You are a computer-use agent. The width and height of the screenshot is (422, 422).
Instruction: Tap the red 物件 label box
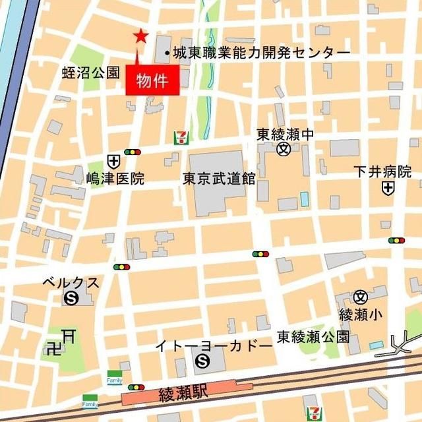(x=152, y=82)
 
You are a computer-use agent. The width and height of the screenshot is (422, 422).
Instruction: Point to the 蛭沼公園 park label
(x=90, y=73)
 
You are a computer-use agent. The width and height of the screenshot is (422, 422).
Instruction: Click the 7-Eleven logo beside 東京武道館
(x=179, y=138)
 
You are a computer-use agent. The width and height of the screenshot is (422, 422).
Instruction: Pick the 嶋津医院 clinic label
(x=115, y=178)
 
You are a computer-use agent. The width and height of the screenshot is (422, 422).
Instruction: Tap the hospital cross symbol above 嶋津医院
(x=113, y=160)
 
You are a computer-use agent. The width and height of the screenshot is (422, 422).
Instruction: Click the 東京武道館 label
(x=220, y=178)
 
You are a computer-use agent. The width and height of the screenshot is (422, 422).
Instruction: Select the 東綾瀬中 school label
(x=285, y=135)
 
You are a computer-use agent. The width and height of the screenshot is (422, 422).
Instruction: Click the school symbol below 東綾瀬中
(x=284, y=149)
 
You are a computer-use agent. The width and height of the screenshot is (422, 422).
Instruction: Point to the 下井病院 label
(x=382, y=172)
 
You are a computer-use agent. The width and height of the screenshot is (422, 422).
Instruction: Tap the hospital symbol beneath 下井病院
(x=388, y=189)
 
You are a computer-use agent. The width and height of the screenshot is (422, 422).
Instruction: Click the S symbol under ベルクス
(x=71, y=299)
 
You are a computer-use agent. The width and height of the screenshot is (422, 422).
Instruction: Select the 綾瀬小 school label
(x=360, y=315)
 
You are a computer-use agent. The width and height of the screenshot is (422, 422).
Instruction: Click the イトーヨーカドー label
(x=213, y=346)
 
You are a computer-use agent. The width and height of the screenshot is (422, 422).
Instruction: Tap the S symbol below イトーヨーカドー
(x=203, y=361)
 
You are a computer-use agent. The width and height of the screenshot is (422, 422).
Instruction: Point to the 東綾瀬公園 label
(x=313, y=336)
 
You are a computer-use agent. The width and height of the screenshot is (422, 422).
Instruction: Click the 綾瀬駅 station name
(x=183, y=395)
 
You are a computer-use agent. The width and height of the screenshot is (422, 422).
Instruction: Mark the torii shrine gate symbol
(x=68, y=336)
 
